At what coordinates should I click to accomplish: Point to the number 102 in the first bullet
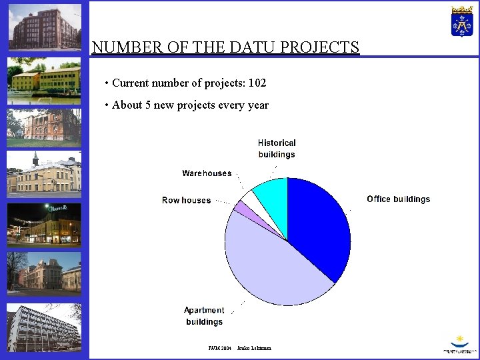point(257,83)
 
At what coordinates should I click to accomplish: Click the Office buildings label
point(398,199)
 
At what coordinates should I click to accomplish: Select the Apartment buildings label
point(204,316)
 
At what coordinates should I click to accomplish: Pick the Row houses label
point(186,201)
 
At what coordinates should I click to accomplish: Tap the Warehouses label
point(207,173)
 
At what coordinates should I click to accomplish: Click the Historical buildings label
point(277,149)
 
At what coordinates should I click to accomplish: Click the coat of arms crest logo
point(461,21)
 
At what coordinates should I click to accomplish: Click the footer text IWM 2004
point(219,348)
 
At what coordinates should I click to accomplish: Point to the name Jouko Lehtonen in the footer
point(254,348)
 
